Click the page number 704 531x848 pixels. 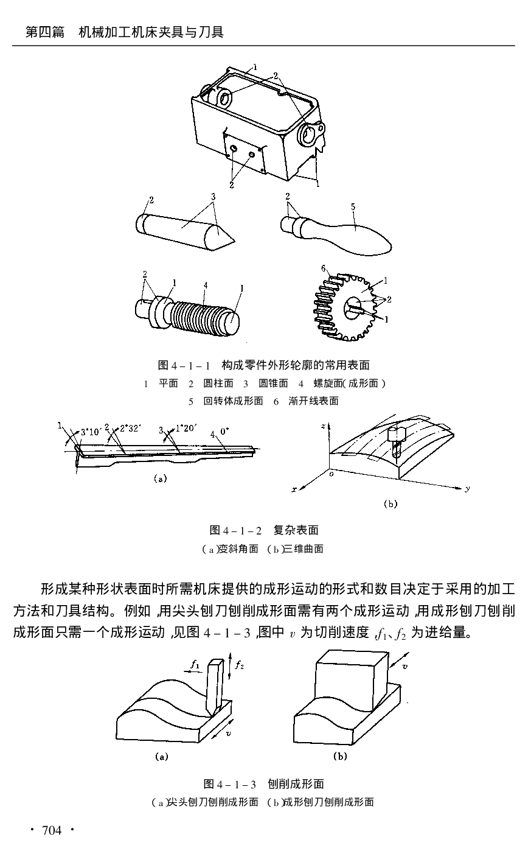51,831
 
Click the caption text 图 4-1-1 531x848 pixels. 184,365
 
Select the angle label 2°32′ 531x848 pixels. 130,429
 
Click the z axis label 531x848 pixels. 322,427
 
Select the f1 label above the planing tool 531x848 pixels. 195,665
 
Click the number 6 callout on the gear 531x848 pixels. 324,269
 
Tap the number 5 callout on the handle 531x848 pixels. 353,207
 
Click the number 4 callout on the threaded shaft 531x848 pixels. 206,285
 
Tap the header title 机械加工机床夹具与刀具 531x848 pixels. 151,32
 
